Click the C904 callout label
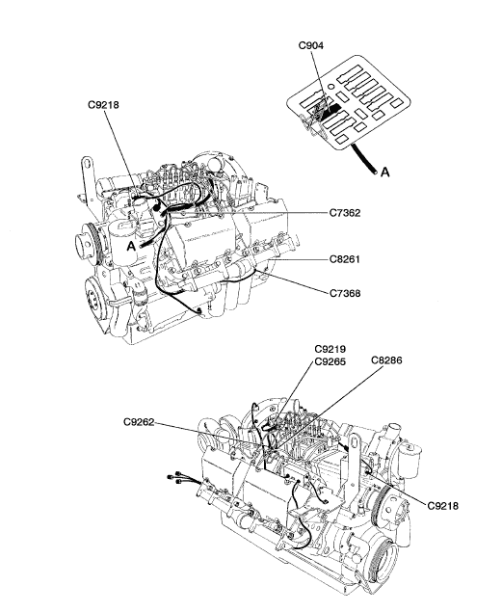(x=311, y=45)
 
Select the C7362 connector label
(x=345, y=213)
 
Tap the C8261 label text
(x=345, y=259)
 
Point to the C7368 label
(x=345, y=293)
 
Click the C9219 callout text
(x=330, y=349)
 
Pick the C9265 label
(x=330, y=361)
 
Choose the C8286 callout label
(x=386, y=359)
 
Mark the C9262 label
(x=139, y=422)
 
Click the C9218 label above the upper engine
(x=103, y=105)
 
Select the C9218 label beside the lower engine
(x=442, y=506)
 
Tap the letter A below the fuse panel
(x=385, y=172)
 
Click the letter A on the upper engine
(x=131, y=247)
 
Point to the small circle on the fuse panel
(x=330, y=86)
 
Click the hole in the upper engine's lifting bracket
(x=88, y=163)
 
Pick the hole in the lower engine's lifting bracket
(x=355, y=441)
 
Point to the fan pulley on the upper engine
(x=86, y=244)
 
